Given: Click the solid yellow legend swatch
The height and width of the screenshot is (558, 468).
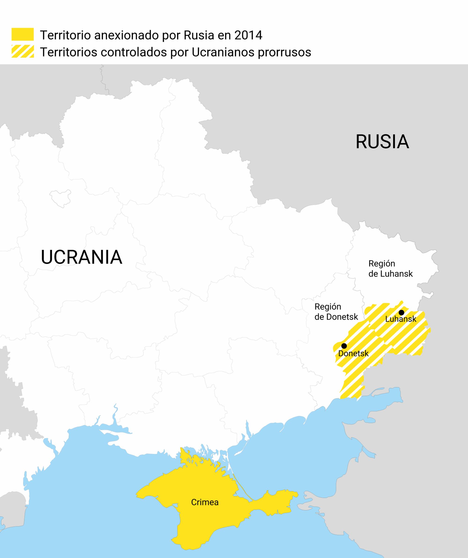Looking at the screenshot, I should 22,34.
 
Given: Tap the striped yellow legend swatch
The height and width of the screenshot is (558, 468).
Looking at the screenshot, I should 22,51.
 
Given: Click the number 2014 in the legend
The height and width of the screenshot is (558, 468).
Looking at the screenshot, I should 248,35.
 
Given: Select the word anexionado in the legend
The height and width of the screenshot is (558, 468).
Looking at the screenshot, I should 126,35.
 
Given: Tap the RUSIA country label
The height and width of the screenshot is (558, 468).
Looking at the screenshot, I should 382,142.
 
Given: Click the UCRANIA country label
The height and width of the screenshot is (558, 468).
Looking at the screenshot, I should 81,257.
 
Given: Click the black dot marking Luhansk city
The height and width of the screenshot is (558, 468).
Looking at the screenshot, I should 402,312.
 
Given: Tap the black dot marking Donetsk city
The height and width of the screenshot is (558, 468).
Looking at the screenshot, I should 344,346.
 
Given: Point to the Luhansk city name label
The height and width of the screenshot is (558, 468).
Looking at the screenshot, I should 401,319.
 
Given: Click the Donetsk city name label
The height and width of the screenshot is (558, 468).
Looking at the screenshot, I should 353,354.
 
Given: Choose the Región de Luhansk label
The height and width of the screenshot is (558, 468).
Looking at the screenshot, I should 391,269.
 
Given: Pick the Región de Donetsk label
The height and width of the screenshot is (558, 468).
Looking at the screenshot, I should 336,312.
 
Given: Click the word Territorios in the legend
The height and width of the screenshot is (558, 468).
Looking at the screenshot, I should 68,52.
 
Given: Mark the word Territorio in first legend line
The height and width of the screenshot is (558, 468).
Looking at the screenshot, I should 65,35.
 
